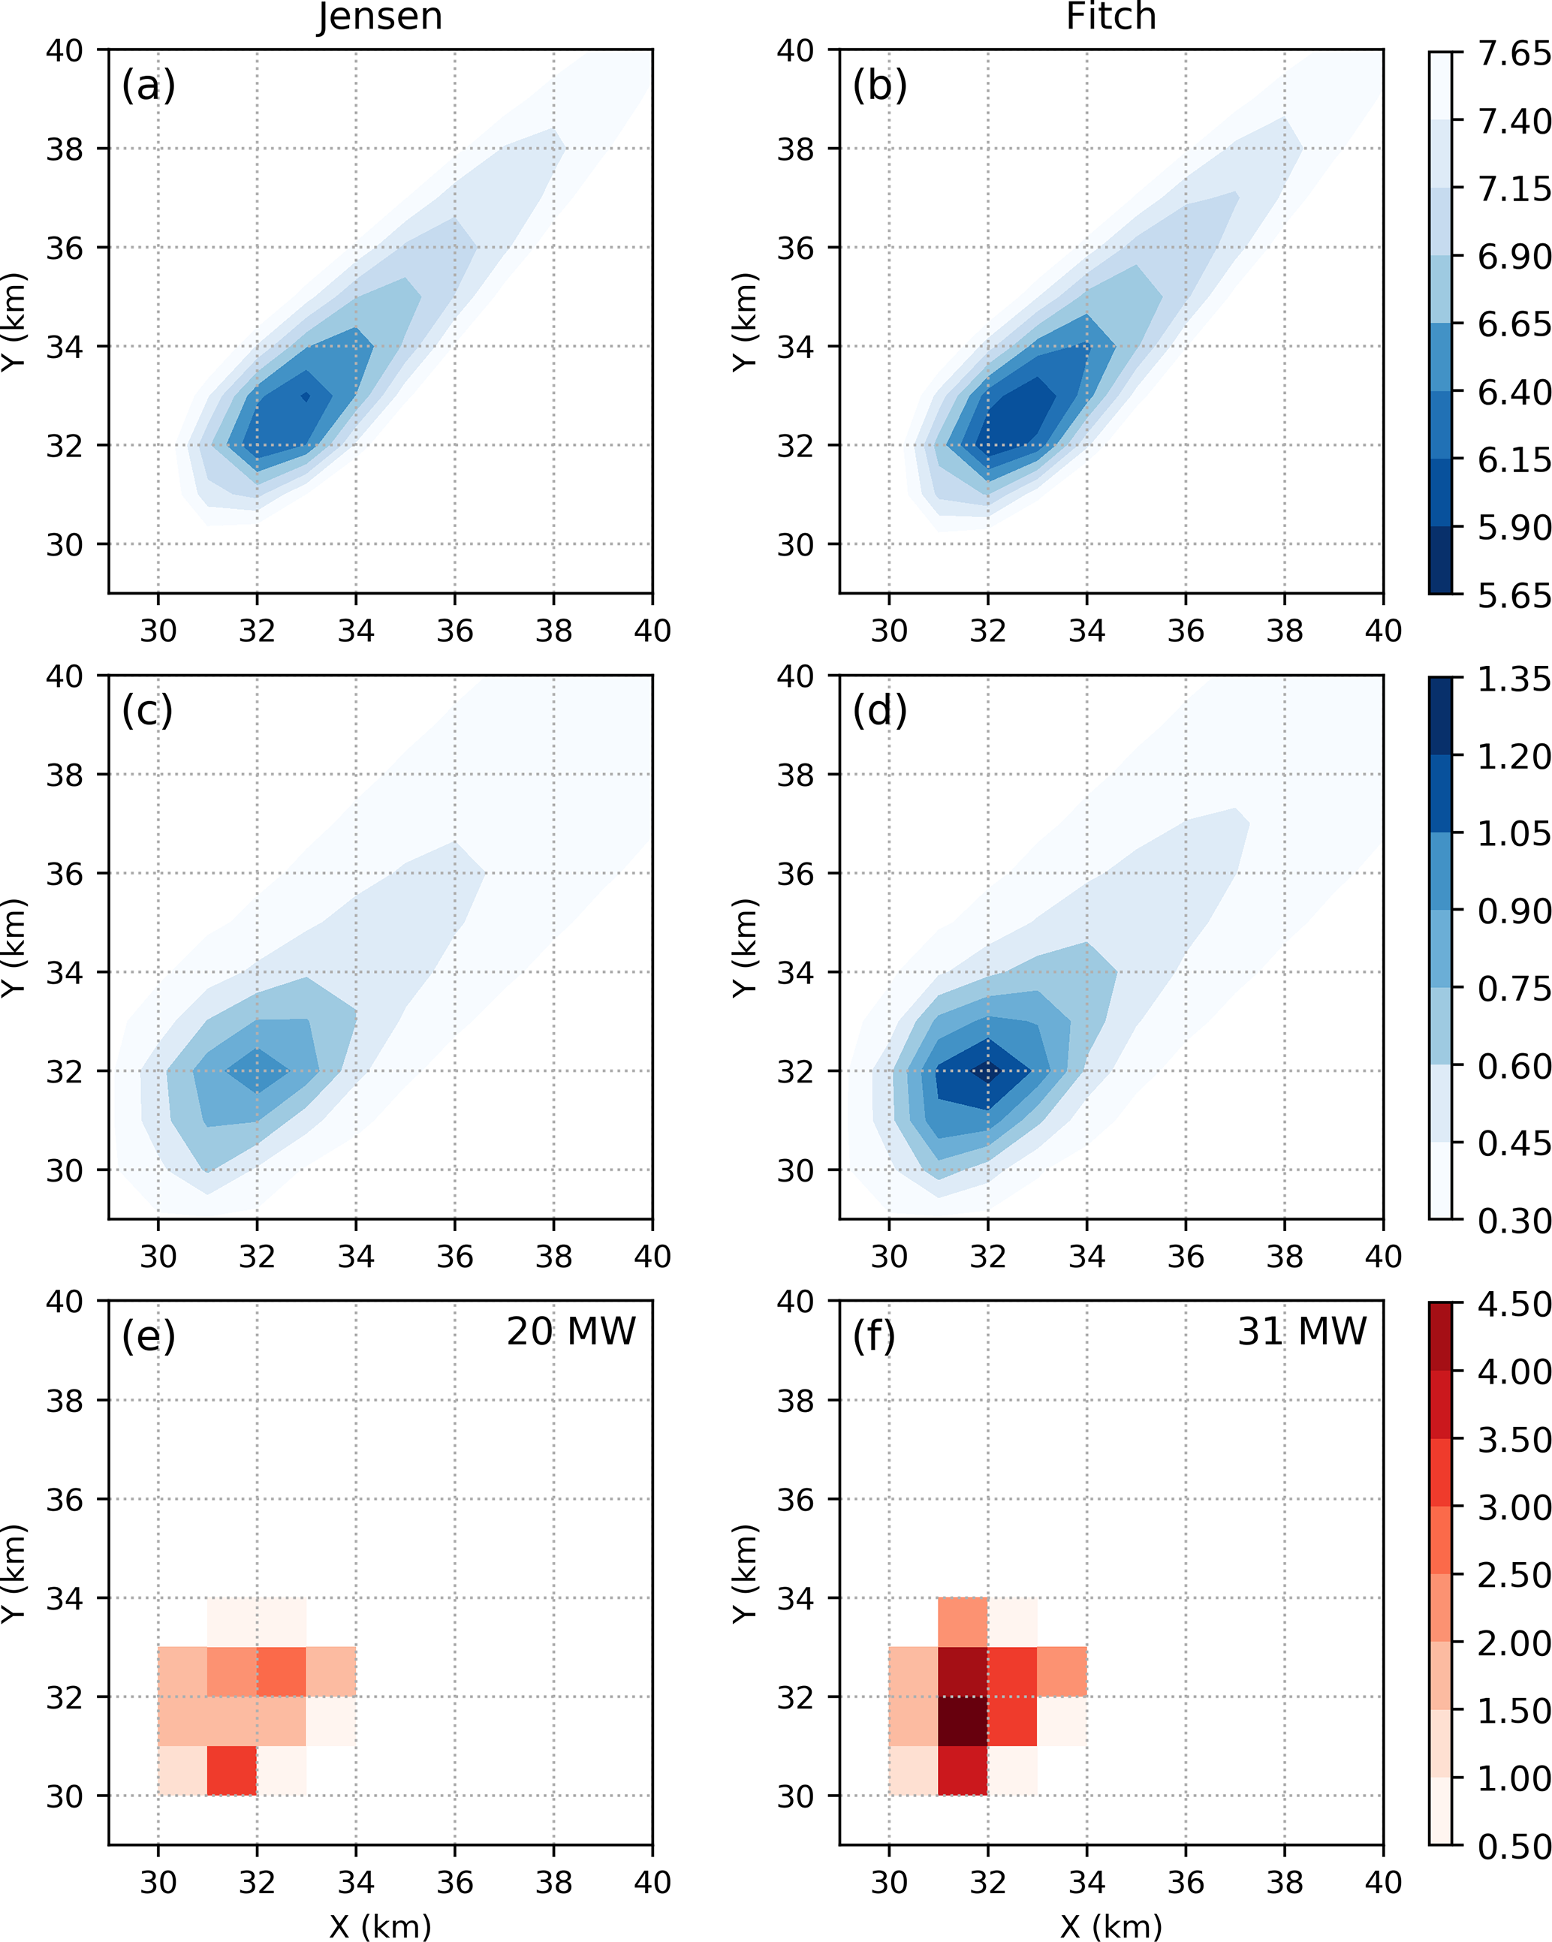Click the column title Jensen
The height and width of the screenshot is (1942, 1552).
(x=379, y=17)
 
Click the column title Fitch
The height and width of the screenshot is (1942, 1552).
(x=1110, y=17)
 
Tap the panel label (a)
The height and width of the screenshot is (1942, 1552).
(x=149, y=86)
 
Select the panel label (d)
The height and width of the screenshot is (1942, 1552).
(x=879, y=712)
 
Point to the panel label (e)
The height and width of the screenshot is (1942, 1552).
(x=149, y=1337)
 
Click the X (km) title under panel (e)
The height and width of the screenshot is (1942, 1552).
(x=379, y=1927)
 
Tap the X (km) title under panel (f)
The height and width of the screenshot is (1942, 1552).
(x=1110, y=1927)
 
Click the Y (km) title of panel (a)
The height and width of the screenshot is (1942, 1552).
(x=14, y=321)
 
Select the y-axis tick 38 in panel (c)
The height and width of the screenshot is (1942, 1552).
(x=64, y=775)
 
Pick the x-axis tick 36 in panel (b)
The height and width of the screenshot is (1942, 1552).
(x=1186, y=631)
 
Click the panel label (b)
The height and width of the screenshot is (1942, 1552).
(x=879, y=86)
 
